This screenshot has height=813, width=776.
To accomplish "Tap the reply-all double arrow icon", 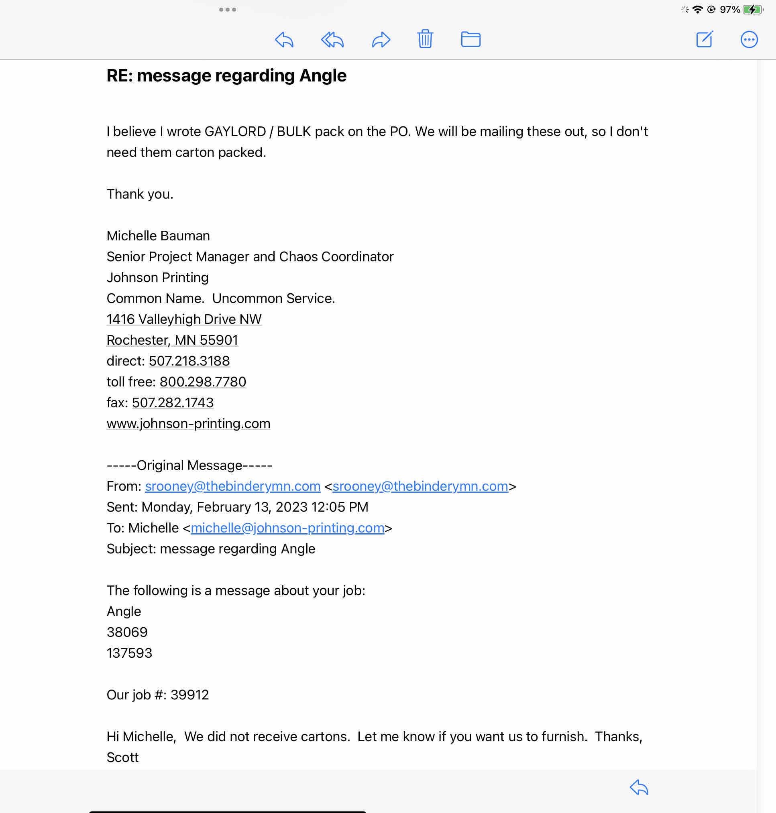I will [x=332, y=40].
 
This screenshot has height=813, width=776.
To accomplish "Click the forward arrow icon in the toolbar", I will [x=381, y=40].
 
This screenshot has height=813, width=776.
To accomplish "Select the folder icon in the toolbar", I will [x=470, y=39].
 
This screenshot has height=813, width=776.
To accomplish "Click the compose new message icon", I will [x=704, y=39].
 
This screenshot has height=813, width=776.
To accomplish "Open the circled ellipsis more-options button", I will [x=749, y=40].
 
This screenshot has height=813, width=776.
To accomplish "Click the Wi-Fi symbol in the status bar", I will [x=697, y=10].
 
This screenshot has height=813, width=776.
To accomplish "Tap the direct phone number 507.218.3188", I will [x=189, y=361].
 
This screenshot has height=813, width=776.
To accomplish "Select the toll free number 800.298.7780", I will [x=203, y=382].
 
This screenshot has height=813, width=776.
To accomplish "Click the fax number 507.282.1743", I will [x=173, y=403].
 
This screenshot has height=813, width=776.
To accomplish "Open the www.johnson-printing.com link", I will [x=188, y=423].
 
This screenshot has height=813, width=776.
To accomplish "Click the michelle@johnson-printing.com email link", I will [x=287, y=528].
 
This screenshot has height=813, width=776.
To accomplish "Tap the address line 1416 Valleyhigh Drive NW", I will [x=184, y=319].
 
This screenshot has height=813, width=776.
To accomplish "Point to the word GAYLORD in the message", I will [x=235, y=132].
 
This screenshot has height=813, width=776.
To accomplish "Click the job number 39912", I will [x=189, y=695].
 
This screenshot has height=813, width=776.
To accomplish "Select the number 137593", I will [x=130, y=653].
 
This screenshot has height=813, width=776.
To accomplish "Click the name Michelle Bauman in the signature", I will [x=158, y=236].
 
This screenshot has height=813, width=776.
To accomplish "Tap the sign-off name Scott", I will [x=122, y=757].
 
